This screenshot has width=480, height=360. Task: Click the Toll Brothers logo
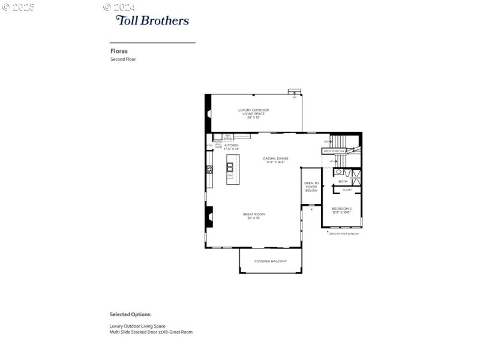pyautogui.click(x=152, y=20)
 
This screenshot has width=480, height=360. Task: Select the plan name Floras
pyautogui.click(x=118, y=52)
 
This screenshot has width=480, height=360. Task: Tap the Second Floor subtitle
pyautogui.click(x=123, y=59)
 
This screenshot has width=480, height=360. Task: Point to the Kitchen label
pyautogui.click(x=232, y=147)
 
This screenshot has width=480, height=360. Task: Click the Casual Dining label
pyautogui.click(x=275, y=160)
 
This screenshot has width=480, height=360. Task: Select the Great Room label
pyautogui.click(x=253, y=216)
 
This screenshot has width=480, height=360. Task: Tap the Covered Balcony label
pyautogui.click(x=270, y=261)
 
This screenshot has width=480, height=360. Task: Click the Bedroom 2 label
pyautogui.click(x=341, y=210)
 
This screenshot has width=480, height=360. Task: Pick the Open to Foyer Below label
pyautogui.click(x=311, y=187)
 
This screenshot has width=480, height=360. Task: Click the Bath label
pyautogui.click(x=343, y=181)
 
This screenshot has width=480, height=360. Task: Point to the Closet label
pyautogui.click(x=347, y=190)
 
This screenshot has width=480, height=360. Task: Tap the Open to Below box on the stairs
pyautogui.click(x=334, y=151)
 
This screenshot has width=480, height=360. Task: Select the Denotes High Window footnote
pyautogui.click(x=343, y=233)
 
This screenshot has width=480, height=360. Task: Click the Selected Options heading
pyautogui.click(x=130, y=314)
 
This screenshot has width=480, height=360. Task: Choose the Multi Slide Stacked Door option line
pyautogui.click(x=151, y=332)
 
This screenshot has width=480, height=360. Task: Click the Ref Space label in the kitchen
pyautogui.click(x=228, y=137)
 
